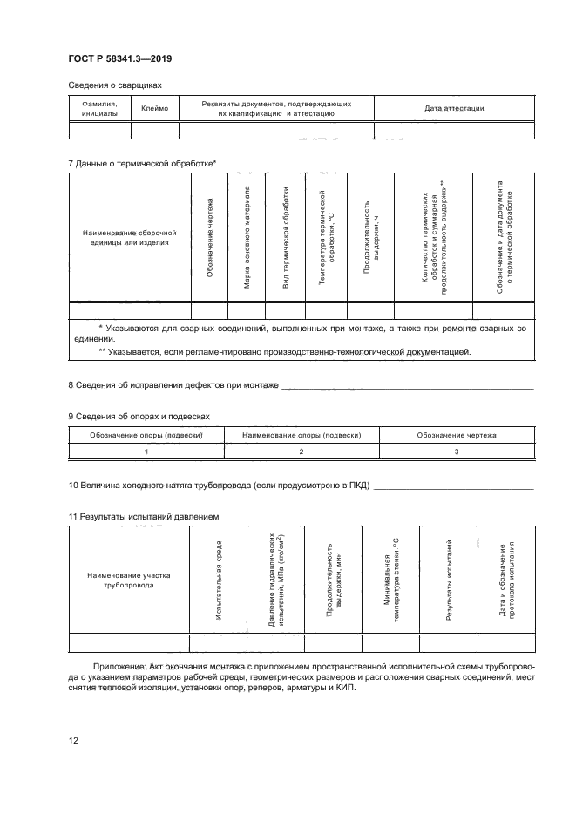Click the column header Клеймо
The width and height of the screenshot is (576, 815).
[154, 108]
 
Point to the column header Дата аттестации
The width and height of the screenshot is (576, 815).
[454, 108]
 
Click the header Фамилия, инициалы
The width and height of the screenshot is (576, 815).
[99, 108]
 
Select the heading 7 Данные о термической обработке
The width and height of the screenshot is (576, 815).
[142, 163]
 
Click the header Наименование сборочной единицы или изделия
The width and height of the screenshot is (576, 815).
[129, 238]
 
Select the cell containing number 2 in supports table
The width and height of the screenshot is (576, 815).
[301, 451]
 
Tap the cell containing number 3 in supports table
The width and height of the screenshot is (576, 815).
[457, 451]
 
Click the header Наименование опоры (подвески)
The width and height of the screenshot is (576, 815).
[301, 434]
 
